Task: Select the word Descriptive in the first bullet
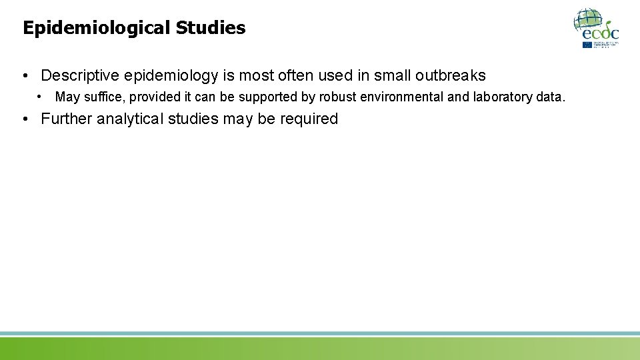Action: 80,76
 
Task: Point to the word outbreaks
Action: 450,76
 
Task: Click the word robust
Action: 338,97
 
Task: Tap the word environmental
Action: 402,97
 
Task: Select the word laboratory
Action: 503,97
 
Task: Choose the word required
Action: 311,119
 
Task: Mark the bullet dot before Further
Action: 25,120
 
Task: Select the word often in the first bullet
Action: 291,76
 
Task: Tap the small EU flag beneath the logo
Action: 587,45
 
